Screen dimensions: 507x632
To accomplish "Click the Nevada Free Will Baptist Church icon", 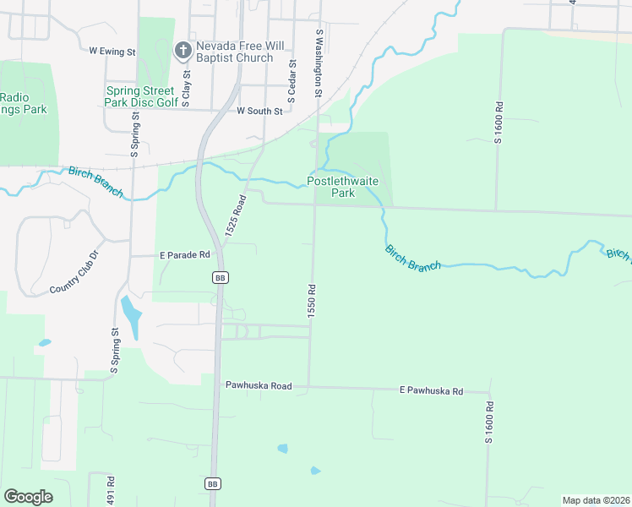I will (181, 51).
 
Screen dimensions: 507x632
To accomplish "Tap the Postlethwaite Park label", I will (342, 188).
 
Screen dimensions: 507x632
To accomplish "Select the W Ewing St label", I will (112, 52).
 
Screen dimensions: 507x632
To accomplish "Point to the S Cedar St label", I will (291, 82).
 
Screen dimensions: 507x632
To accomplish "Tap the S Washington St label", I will (319, 63).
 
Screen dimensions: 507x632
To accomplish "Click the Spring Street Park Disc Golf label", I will (141, 96).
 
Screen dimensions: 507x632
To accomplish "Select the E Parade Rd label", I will (184, 253).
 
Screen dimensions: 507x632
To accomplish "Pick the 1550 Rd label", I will (312, 300).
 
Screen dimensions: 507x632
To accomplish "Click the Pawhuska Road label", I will (258, 385).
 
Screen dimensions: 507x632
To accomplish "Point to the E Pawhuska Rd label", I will (432, 391).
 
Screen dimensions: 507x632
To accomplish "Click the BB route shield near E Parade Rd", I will (220, 277).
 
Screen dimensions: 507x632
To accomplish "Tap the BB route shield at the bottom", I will (213, 483).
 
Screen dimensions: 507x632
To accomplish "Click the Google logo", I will (28, 497).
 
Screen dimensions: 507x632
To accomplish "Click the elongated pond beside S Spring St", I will (133, 316).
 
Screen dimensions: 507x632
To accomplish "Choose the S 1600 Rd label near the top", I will (499, 123).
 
